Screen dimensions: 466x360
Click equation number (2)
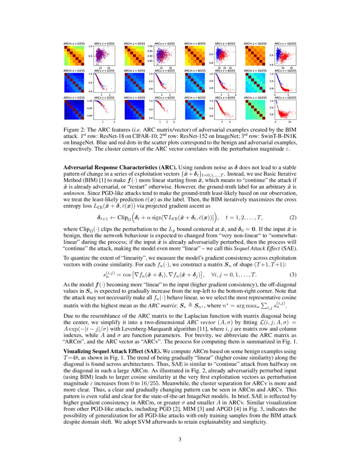(x=292, y=218)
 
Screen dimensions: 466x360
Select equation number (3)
(x=292, y=275)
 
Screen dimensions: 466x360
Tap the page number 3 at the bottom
(x=180, y=439)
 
